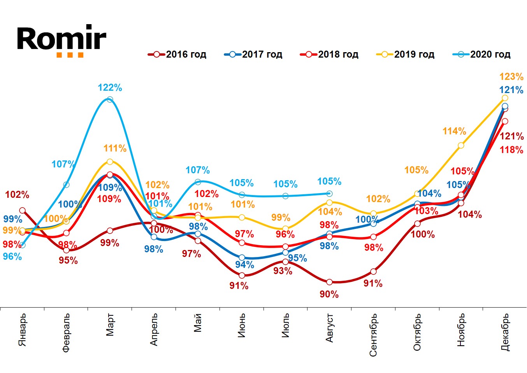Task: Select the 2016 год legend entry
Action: tap(177, 55)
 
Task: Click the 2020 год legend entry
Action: tap(482, 55)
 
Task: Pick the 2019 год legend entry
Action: tap(406, 55)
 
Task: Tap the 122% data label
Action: tap(110, 88)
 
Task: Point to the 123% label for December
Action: tap(511, 77)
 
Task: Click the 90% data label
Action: tap(329, 294)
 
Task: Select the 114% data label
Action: tap(454, 131)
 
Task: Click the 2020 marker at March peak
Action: tap(110, 100)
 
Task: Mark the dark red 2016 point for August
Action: tap(329, 282)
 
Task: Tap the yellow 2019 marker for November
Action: tap(461, 146)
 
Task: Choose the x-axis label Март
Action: tap(110, 324)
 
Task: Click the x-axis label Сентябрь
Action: tap(373, 335)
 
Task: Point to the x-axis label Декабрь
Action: tap(505, 332)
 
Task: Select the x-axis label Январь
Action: tap(23, 329)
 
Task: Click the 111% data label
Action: tap(115, 148)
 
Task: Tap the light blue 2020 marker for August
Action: tap(329, 194)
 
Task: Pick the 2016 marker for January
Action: tap(23, 210)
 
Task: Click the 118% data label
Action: tap(511, 150)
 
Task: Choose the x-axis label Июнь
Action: tap(242, 325)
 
